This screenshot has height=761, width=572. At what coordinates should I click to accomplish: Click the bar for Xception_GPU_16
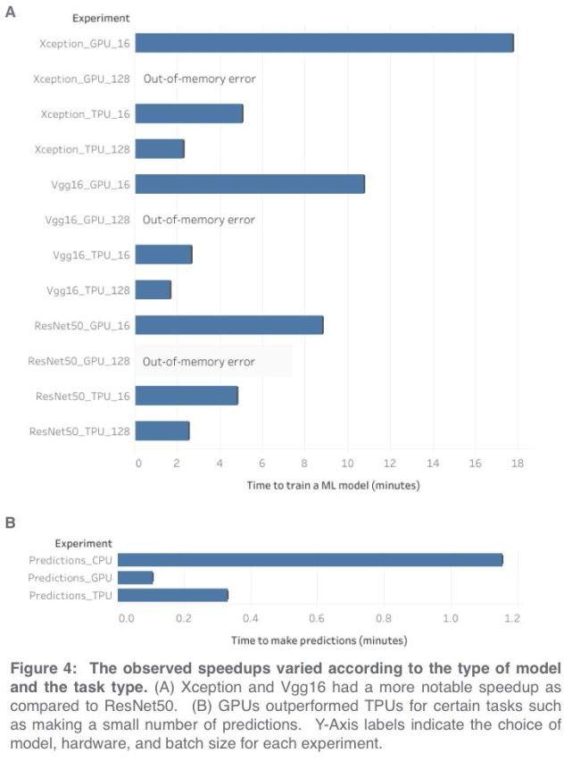pos(324,43)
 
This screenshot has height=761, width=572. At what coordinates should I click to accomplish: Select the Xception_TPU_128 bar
pos(160,149)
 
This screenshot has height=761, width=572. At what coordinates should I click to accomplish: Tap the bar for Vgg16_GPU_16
pos(250,184)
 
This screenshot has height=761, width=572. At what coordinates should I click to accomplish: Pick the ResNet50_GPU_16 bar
pos(229,325)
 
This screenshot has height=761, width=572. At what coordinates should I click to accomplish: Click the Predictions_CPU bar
pos(310,560)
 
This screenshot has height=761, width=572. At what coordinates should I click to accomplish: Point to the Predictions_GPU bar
pos(136,578)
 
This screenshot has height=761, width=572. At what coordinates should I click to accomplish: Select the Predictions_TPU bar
pos(173,595)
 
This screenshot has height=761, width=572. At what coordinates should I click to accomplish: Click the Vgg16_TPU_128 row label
pos(87,290)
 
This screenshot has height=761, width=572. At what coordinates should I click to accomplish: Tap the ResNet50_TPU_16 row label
pos(83,396)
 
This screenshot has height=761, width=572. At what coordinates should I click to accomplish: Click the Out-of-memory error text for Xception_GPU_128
pos(199,79)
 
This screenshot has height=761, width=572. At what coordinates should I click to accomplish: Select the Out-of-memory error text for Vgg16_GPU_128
pos(199,220)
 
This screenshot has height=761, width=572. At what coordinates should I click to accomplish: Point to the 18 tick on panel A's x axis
pos(517,464)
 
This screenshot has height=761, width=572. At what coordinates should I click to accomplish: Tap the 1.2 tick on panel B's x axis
pos(515,617)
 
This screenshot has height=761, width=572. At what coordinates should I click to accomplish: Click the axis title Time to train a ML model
pos(332,486)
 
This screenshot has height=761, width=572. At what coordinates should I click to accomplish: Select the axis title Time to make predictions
pos(319,640)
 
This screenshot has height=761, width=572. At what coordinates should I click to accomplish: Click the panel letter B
pos(11,523)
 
